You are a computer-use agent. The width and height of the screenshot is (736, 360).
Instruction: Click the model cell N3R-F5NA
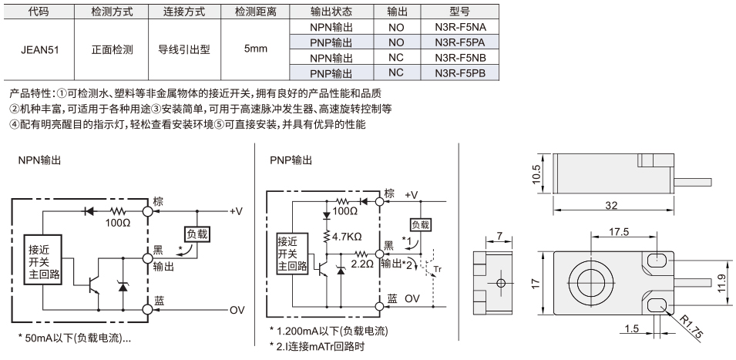point(459,27)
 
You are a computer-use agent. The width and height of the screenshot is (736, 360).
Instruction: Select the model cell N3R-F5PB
point(459,72)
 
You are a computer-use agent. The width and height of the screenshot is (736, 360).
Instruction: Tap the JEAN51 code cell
point(39,50)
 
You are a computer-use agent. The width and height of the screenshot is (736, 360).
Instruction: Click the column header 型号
point(459,12)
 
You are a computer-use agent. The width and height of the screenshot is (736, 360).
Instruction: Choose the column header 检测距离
point(255,12)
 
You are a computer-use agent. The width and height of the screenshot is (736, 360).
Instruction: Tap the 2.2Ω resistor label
point(362,264)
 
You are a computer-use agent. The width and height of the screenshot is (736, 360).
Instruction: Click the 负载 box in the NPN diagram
point(197,234)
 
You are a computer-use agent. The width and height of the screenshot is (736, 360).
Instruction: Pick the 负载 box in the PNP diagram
point(420,225)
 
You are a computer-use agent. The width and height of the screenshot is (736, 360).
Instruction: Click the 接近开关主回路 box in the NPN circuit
point(44,261)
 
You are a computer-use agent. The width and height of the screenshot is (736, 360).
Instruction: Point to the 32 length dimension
point(611,205)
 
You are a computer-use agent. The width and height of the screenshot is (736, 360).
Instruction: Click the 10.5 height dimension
point(537,173)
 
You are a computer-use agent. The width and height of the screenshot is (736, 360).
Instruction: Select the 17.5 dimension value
point(619,232)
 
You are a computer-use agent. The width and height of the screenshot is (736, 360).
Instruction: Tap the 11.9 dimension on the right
point(724,284)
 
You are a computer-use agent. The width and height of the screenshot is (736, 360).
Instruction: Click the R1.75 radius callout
point(691,326)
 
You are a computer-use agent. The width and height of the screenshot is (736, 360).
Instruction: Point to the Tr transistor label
point(437,269)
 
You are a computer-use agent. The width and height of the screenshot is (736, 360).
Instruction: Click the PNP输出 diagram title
point(291,160)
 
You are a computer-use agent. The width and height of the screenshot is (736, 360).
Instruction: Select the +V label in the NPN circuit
point(236,211)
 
